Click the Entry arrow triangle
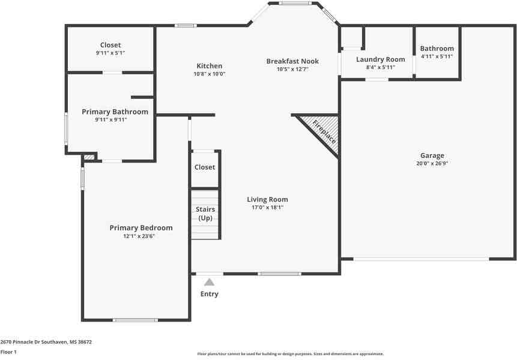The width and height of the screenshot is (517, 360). [x=209, y=282]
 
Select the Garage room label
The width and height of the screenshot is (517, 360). [x=432, y=155]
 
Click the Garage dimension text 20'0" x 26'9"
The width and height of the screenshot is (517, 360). [x=432, y=163]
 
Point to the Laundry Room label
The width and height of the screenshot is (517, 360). [x=380, y=59]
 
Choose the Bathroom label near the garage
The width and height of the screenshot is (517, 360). [x=437, y=49]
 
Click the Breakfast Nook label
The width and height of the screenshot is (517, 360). [x=292, y=61]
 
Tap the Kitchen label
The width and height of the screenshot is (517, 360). [x=210, y=66]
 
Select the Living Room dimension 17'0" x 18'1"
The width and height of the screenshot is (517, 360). [x=267, y=208]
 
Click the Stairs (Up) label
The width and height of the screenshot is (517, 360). [x=205, y=213]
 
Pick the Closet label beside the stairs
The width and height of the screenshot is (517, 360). [x=205, y=167]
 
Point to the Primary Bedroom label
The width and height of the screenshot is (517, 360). [x=141, y=228]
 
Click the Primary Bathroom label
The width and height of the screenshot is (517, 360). [x=115, y=112]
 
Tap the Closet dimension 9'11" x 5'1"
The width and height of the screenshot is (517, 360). [x=110, y=53]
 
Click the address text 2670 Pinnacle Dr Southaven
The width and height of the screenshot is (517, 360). [x=46, y=341]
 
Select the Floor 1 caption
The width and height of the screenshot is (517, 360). [x=8, y=352]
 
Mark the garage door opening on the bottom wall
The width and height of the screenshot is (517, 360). [x=421, y=259]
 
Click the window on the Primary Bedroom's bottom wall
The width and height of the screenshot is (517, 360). [x=136, y=320]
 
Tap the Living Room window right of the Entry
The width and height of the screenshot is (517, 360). [x=279, y=274]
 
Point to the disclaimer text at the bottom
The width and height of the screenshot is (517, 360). [x=291, y=354]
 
